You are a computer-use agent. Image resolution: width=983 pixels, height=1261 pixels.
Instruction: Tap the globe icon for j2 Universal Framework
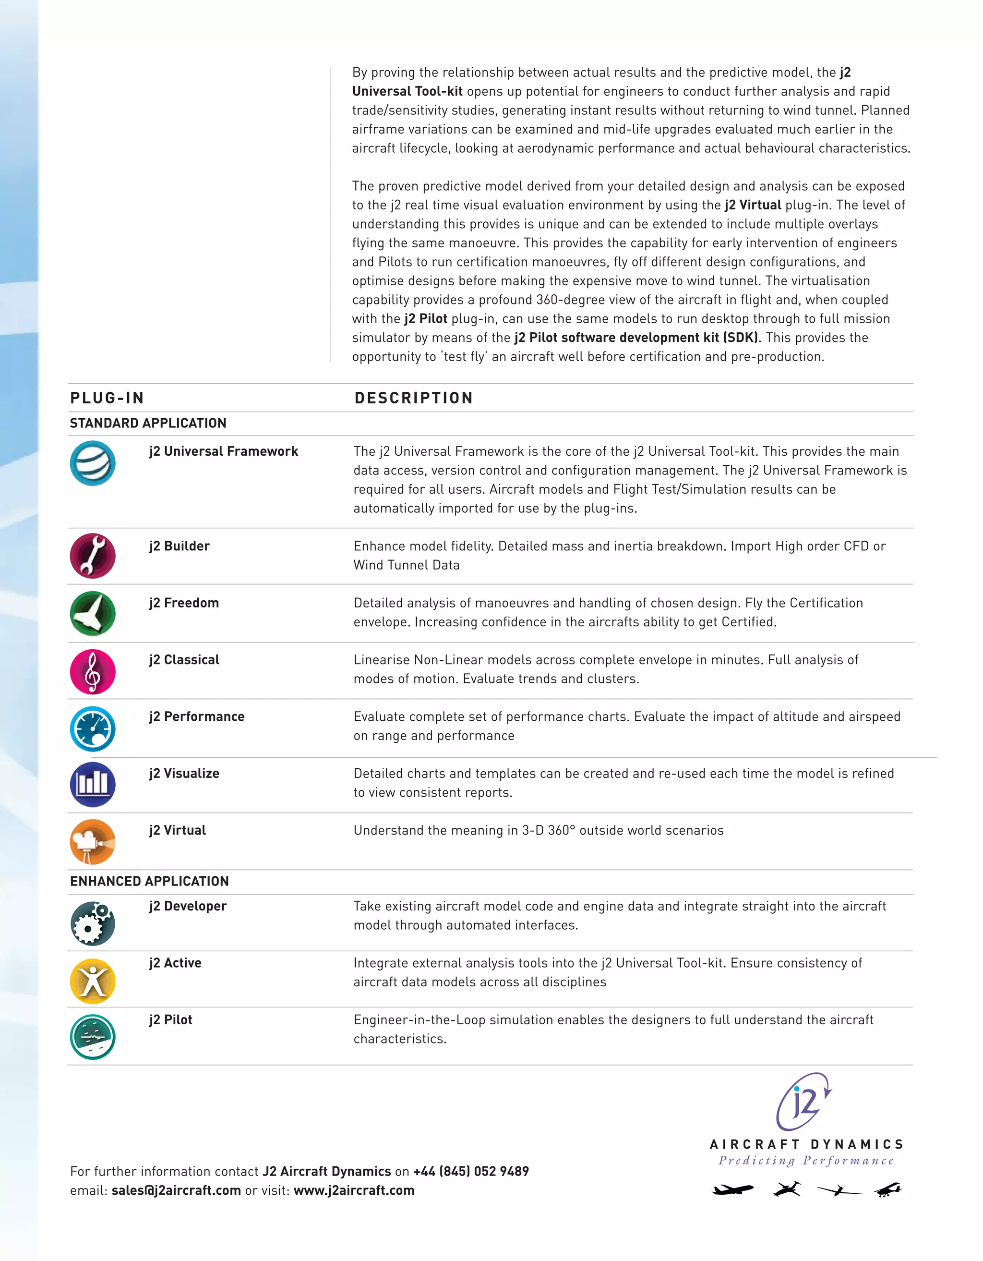click(92, 463)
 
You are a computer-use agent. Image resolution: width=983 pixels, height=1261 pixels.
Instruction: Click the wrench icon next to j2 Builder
click(92, 556)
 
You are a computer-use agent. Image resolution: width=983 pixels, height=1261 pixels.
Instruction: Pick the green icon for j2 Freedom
click(92, 613)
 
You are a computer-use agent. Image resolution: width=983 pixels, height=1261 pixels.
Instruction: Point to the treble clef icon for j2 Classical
click(92, 671)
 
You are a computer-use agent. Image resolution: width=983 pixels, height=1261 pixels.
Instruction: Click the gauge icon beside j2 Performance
click(92, 728)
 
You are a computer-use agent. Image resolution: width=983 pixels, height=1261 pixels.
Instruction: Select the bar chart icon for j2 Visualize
click(92, 785)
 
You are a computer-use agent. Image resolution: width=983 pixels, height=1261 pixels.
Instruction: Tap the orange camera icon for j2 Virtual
click(92, 842)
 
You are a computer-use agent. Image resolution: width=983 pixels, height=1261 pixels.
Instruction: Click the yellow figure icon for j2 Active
click(92, 981)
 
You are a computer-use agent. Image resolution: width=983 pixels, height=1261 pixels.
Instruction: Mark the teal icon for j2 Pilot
click(92, 1037)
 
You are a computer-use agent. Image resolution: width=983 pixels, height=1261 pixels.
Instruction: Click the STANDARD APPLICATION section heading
click(148, 423)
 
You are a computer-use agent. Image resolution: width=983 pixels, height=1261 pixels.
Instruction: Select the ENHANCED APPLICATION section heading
click(149, 881)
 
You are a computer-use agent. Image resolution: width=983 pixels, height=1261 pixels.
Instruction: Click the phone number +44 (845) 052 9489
click(471, 1172)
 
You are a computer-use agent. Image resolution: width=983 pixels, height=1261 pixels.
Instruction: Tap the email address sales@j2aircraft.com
click(176, 1190)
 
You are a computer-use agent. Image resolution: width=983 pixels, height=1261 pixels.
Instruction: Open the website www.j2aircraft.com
click(354, 1190)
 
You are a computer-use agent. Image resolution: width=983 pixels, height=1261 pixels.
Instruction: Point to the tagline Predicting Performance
click(806, 1161)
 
